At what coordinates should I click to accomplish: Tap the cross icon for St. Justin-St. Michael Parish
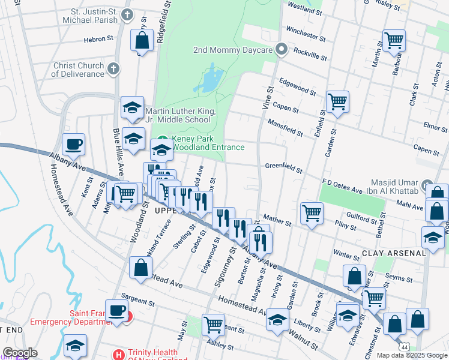127,14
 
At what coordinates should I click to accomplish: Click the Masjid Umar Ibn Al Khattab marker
427,185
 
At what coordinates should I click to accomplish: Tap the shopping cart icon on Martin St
394,41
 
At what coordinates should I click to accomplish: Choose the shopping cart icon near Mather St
312,212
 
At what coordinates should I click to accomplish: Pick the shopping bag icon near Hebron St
142,41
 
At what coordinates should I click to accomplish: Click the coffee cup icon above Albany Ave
73,144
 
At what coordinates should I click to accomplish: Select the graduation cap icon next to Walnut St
277,319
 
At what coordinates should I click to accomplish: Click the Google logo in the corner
20,353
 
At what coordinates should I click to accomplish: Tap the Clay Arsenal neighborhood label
394,253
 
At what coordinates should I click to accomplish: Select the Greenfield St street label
283,167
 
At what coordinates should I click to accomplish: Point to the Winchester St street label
306,30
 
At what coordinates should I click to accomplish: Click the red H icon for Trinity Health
118,355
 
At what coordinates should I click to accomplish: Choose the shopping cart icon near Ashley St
213,324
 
